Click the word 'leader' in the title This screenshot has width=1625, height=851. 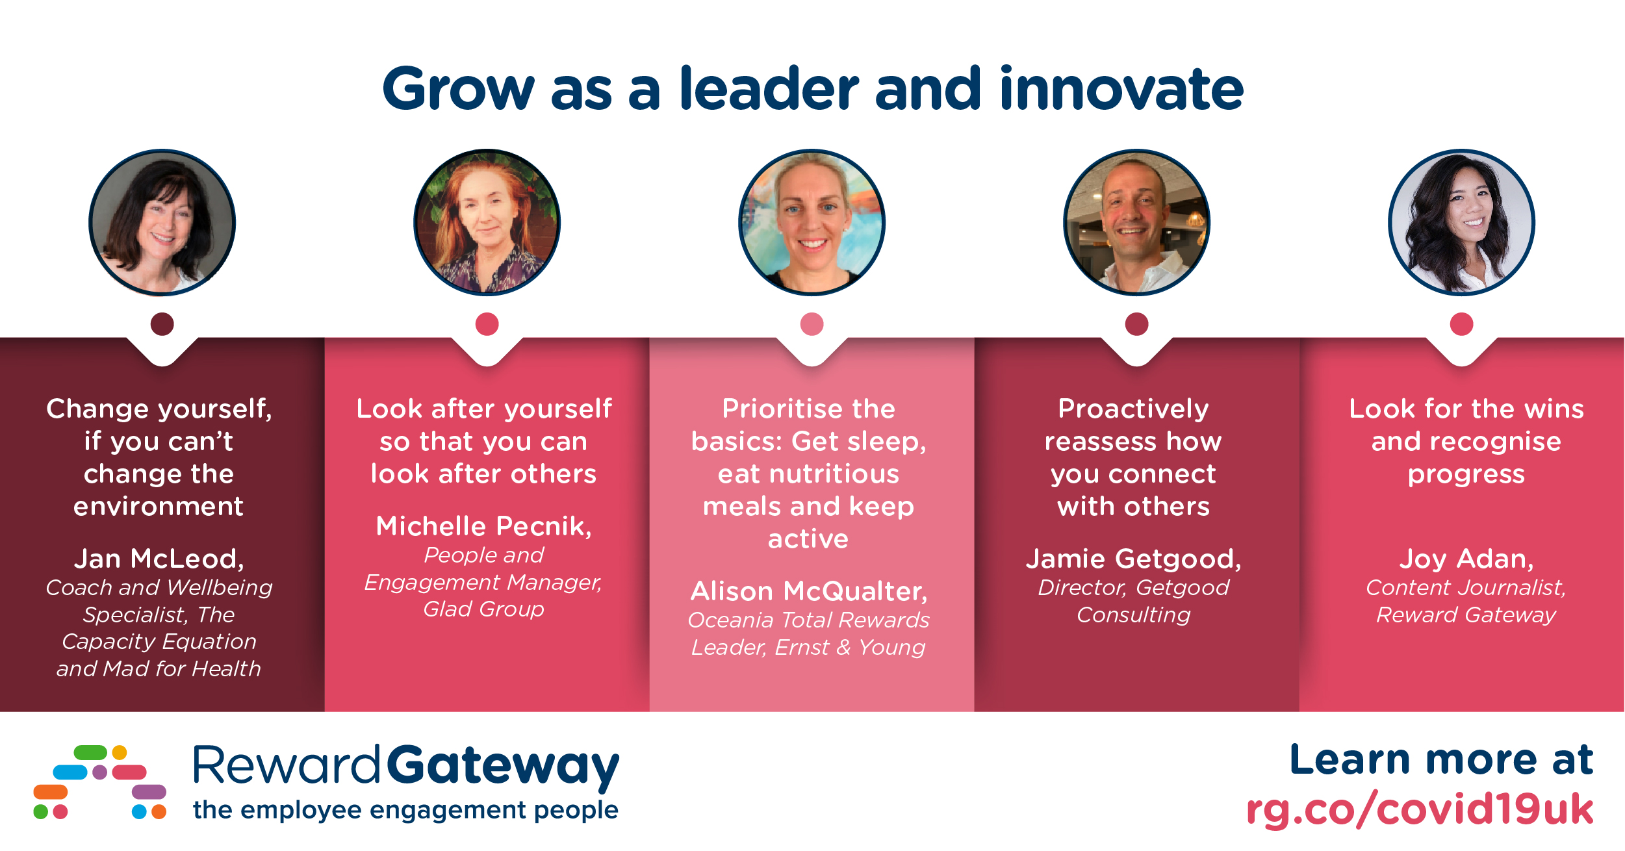pos(769,88)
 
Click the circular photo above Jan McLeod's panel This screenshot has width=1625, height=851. pos(162,222)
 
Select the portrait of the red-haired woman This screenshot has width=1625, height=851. pos(487,222)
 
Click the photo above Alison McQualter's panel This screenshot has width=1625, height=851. pos(812,222)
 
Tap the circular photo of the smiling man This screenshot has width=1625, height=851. pos(1137,222)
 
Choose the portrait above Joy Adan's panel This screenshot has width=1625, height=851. pos(1462,222)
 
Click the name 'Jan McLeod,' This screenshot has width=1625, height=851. pos(159,559)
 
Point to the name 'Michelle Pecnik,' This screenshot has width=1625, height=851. pos(484,526)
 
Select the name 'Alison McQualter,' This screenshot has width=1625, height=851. pos(809,591)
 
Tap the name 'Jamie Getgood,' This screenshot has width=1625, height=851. pos(1134,559)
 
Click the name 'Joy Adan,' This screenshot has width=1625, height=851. pos(1466,559)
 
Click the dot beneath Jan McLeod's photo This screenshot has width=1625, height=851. pos(162,324)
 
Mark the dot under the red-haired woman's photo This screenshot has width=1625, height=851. pos(487,324)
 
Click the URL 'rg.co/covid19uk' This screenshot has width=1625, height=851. pos(1420,809)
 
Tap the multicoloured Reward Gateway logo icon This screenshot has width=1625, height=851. pos(100,782)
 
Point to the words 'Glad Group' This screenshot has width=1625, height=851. pos(484,609)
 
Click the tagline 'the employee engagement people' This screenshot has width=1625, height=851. pos(406,810)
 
